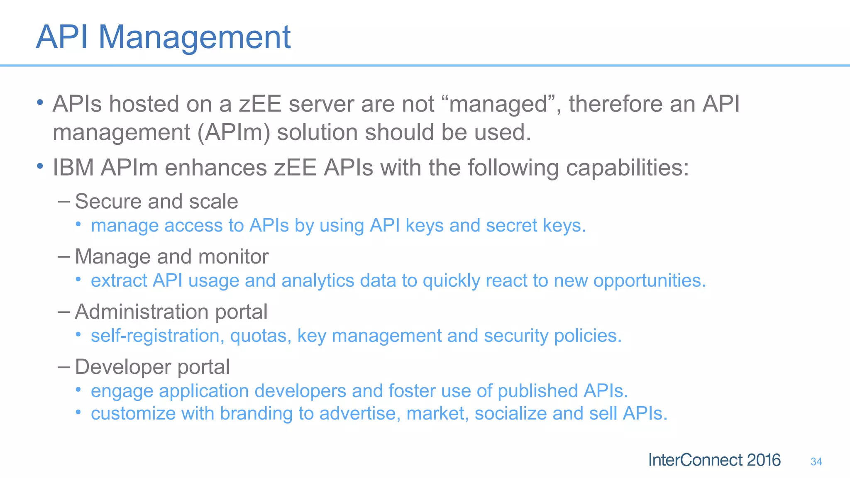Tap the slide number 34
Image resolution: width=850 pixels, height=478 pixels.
(816, 461)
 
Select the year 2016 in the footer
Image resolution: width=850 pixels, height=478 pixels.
(763, 460)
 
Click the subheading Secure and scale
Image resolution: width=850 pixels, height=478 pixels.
(156, 202)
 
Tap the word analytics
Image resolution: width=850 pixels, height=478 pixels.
(318, 280)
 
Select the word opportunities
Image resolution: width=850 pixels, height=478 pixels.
(650, 281)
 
